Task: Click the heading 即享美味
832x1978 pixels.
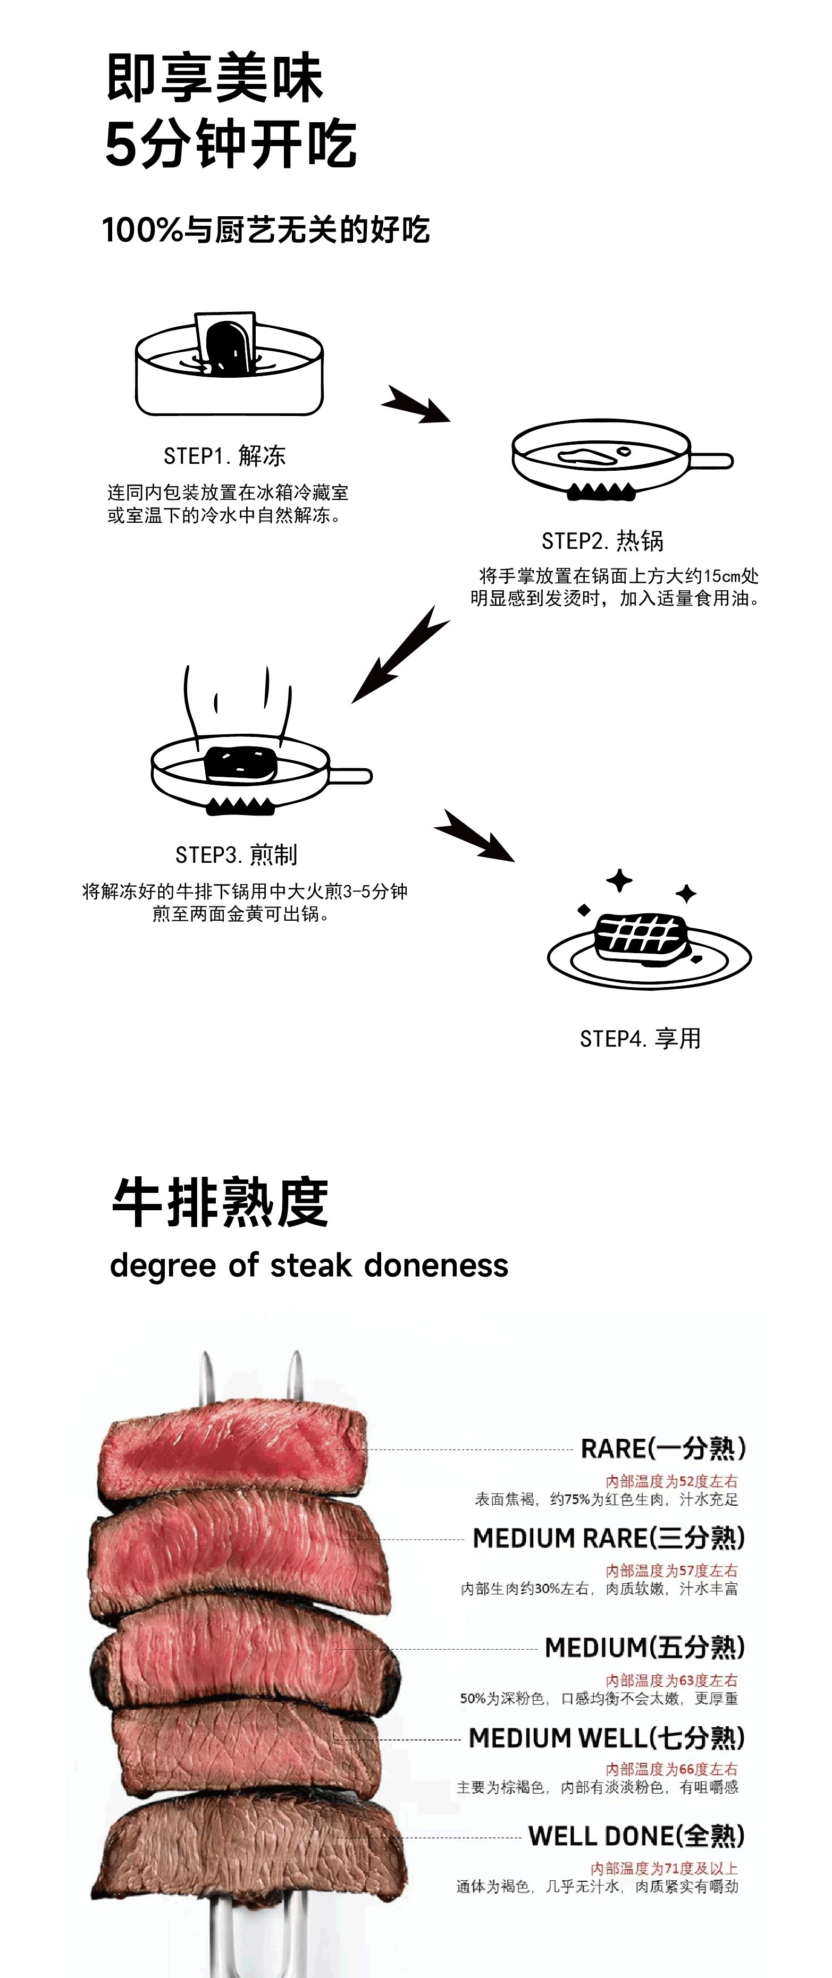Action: [x=214, y=78]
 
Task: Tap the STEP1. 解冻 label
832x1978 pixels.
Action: [x=224, y=455]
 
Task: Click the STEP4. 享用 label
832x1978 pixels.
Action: [x=640, y=1038]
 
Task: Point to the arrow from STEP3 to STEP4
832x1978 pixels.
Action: [x=474, y=835]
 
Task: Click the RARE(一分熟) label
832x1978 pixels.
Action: [x=663, y=1448]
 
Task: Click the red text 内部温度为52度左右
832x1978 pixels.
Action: [x=671, y=1481]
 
